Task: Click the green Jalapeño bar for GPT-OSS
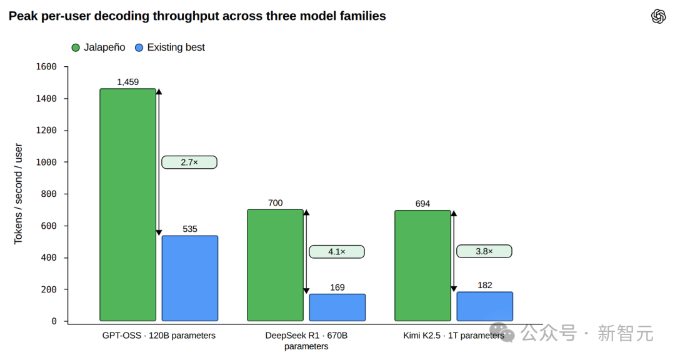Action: tap(128, 205)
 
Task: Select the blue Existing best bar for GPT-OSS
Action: tap(190, 278)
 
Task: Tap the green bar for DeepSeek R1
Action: tap(276, 265)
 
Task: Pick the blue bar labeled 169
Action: tap(337, 307)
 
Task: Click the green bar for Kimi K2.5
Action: tap(422, 266)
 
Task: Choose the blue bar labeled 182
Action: tap(485, 307)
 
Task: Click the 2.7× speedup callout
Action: tap(189, 162)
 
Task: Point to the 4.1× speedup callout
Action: tap(337, 251)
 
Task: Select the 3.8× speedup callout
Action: tap(484, 251)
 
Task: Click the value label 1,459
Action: tap(128, 82)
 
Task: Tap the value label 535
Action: tap(190, 229)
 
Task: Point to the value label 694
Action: tap(422, 203)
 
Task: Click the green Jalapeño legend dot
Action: tap(76, 47)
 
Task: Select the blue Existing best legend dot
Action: tap(139, 47)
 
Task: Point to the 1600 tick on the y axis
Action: tap(46, 67)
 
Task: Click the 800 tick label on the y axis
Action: tap(49, 194)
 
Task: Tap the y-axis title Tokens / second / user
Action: tap(18, 194)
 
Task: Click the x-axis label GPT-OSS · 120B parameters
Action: tap(159, 336)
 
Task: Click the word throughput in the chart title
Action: tap(204, 16)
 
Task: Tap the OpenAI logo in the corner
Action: tap(658, 16)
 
